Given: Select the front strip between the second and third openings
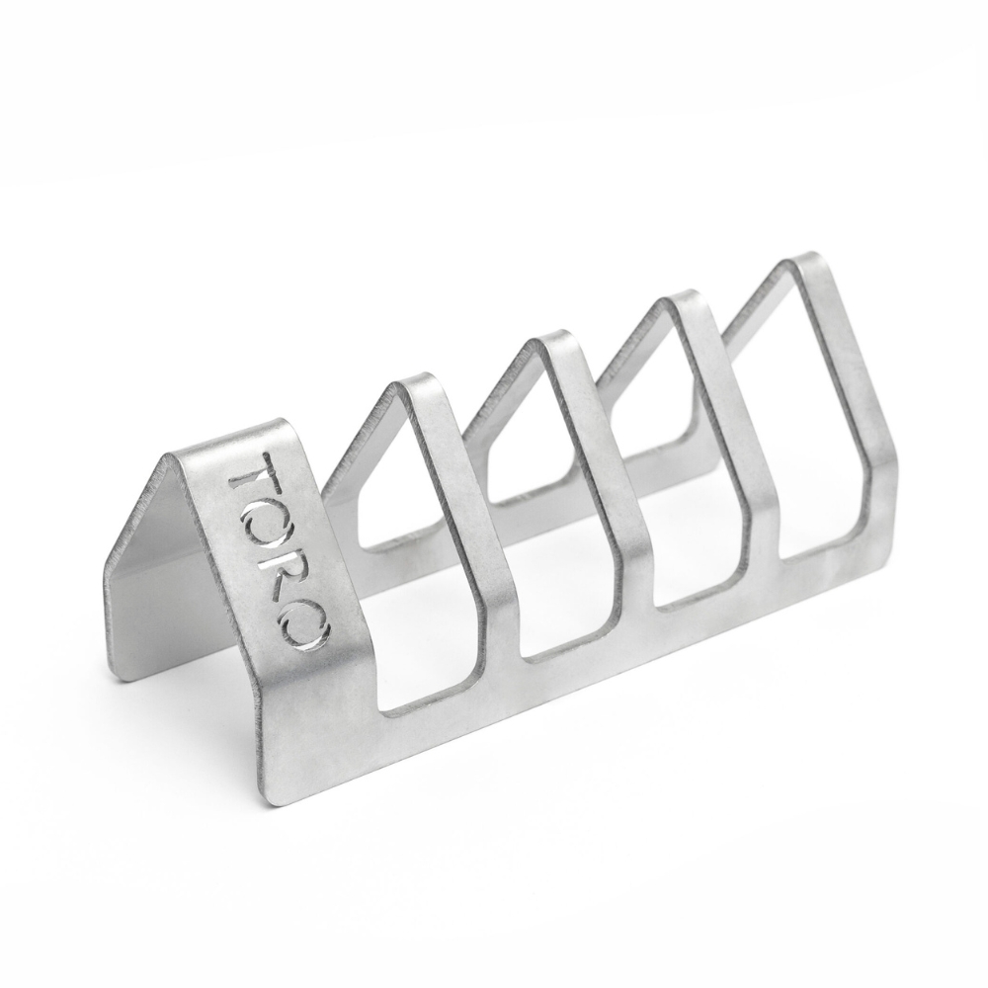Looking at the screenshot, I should point(632,573).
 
